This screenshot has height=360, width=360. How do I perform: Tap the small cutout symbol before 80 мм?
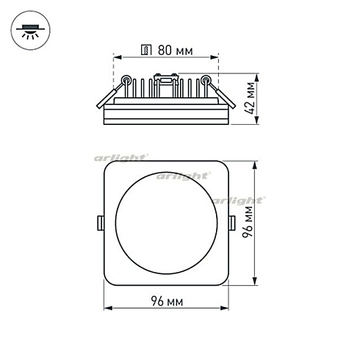tap(146, 51)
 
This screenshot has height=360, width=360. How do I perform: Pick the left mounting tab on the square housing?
tap(99, 222)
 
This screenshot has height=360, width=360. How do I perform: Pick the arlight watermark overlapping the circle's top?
tap(181, 176)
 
